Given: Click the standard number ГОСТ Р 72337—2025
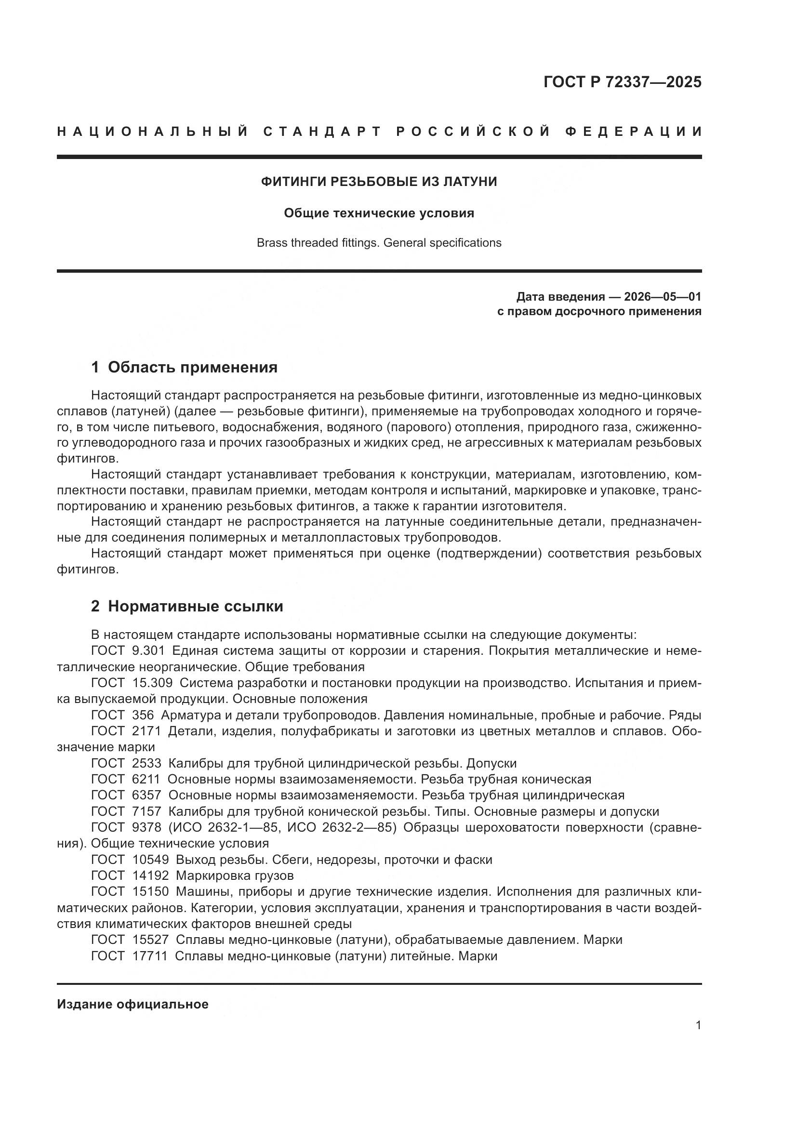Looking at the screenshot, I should tap(622, 82).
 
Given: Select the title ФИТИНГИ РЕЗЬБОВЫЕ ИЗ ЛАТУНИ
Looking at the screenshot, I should tap(379, 182).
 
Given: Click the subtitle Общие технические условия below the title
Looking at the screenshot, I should tap(379, 213).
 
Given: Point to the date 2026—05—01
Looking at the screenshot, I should tap(663, 297).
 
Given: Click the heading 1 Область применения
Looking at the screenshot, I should tap(185, 367).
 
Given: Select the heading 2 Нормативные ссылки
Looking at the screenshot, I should tap(187, 607).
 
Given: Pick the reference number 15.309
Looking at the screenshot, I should tap(152, 683).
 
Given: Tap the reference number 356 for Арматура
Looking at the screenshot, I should tap(143, 715).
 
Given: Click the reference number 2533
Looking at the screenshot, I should tap(146, 763).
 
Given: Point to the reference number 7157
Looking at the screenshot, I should tap(146, 811).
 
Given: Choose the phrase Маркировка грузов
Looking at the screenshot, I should tap(235, 875).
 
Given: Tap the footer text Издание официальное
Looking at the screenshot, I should tap(133, 1004).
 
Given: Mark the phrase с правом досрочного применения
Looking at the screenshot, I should tap(599, 312).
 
